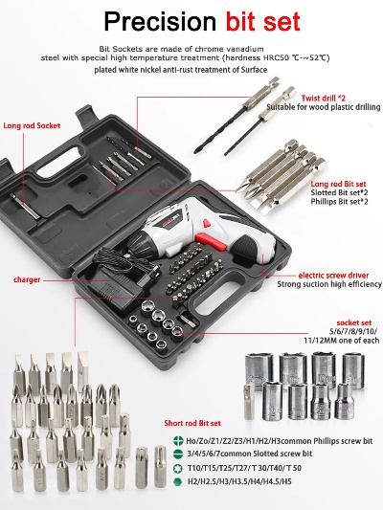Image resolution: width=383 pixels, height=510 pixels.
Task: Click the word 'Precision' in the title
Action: point(160,21)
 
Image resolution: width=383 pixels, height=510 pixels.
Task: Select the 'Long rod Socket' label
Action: point(32,125)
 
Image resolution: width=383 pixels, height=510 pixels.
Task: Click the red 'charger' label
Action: point(27,279)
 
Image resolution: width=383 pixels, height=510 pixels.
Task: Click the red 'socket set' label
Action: point(354,322)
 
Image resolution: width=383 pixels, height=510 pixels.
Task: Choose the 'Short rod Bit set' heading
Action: point(192,423)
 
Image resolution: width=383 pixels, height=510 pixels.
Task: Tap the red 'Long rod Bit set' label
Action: point(338,184)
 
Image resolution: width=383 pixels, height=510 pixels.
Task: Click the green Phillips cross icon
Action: point(177,441)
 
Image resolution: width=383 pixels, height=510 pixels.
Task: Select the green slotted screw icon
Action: point(177,455)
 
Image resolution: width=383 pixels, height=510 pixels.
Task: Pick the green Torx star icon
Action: point(177,468)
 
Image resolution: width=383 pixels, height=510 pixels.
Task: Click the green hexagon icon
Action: point(177,481)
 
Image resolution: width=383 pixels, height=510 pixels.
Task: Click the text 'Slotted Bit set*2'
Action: point(335,192)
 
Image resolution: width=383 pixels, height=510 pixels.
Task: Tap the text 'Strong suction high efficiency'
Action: point(329,284)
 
